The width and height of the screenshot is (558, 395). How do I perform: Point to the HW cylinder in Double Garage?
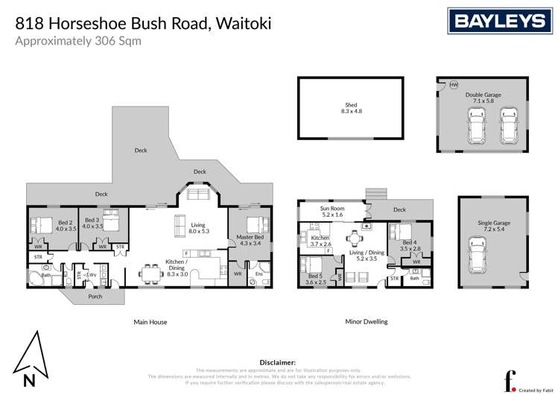click(453, 85)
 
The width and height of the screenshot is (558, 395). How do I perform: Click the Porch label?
click(95, 296)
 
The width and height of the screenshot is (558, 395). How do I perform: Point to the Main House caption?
click(150, 322)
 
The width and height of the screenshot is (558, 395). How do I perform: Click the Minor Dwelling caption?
click(366, 322)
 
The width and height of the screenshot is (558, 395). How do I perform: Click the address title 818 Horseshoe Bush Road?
click(143, 22)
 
